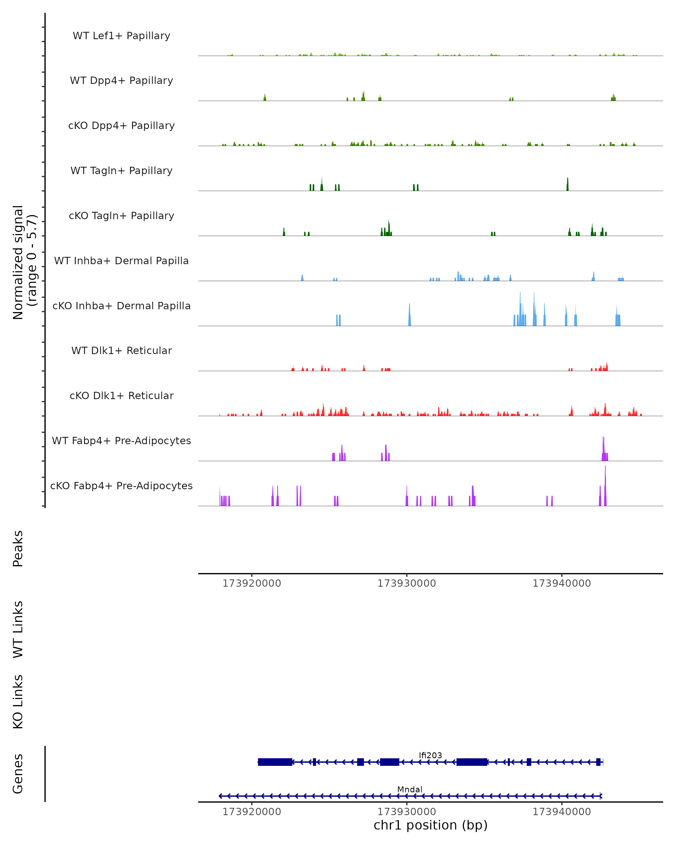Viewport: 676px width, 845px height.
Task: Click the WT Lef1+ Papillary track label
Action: coord(121,36)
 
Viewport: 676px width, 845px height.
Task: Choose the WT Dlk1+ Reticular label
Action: coord(121,350)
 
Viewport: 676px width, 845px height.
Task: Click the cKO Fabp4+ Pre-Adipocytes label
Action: coord(121,486)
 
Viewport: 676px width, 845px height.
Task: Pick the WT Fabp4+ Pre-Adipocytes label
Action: coord(121,441)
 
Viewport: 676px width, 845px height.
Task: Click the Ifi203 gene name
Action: coord(430,755)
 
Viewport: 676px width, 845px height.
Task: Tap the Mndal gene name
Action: coord(410,789)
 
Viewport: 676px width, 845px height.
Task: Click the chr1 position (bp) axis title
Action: coord(430,825)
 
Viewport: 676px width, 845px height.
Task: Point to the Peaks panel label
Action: coord(18,548)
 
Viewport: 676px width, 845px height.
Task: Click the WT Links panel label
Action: coord(18,629)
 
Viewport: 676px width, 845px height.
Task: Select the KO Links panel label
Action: coord(18,702)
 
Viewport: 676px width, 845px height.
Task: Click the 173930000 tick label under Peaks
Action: coord(406,583)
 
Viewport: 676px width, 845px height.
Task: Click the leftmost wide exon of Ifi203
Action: coord(275,762)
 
